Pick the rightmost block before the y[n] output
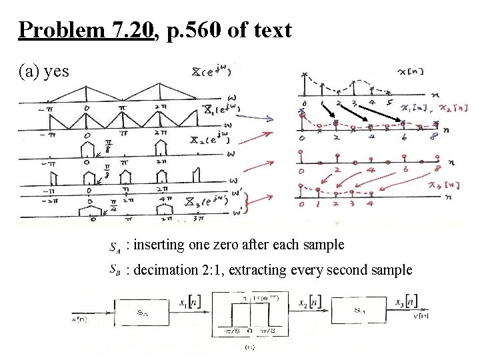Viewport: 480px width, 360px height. (x=359, y=311)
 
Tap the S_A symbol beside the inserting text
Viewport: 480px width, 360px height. (x=114, y=247)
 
